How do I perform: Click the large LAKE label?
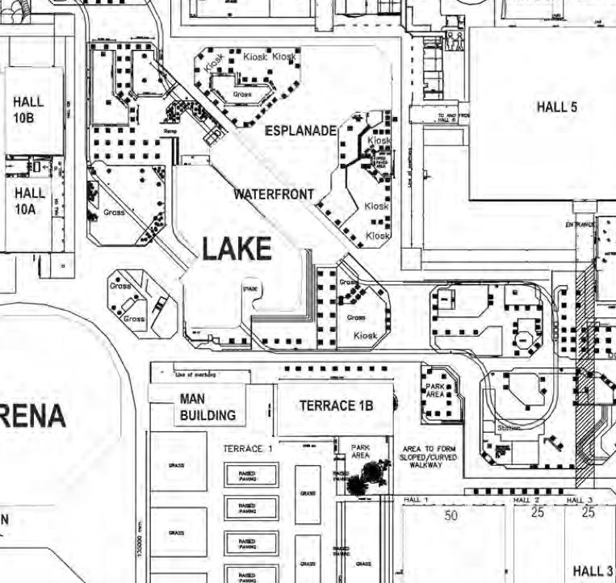pos(236,250)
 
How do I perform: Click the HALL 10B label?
pos(28,109)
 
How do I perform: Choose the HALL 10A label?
pos(30,200)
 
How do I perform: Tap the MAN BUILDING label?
pos(207,408)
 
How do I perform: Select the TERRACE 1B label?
pos(336,406)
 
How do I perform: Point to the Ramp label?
pos(170,129)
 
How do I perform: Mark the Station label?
pos(509,427)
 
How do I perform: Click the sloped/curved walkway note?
pos(428,457)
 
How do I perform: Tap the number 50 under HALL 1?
pos(450,514)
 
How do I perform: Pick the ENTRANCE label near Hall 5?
pos(580,223)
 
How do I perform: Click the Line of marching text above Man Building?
pos(195,375)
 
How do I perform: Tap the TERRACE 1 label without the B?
pos(247,448)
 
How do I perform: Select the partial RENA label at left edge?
pos(32,417)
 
